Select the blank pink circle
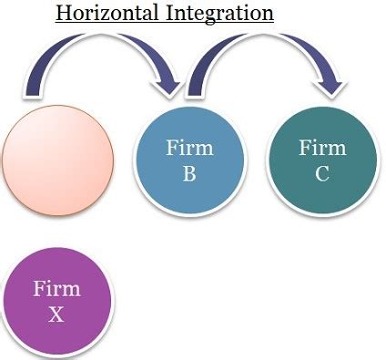(x=58, y=162)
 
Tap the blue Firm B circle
(x=189, y=162)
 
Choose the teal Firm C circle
(x=322, y=162)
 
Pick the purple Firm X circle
(x=58, y=301)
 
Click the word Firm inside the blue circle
(x=189, y=149)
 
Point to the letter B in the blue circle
(x=189, y=173)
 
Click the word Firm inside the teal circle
(x=322, y=149)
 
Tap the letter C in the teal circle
(x=322, y=173)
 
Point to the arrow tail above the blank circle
(x=35, y=87)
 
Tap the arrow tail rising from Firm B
(x=193, y=87)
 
